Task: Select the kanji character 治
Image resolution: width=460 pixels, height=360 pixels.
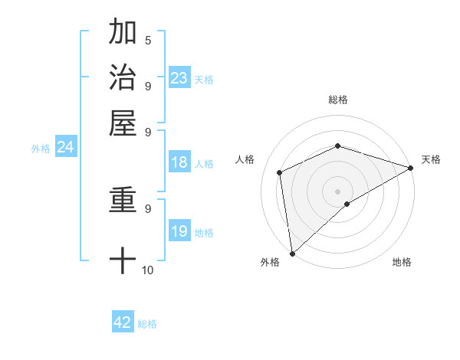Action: [x=123, y=77]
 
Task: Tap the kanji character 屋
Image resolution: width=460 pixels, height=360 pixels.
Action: [x=123, y=122]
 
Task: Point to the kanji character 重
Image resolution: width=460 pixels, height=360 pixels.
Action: [x=123, y=201]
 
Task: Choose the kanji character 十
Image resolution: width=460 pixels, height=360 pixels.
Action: [x=123, y=260]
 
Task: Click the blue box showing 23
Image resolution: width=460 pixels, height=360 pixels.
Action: [x=179, y=78]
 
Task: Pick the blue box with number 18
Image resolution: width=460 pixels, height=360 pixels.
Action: [x=179, y=162]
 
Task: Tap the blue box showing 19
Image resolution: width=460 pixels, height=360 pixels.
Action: [x=179, y=231]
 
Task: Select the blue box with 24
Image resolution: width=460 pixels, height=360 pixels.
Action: [x=66, y=148]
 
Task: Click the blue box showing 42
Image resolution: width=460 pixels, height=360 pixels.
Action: [x=123, y=322]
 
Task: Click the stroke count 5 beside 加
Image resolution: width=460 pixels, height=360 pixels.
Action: [x=148, y=41]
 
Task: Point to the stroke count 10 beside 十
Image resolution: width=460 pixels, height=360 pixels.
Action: [x=148, y=270]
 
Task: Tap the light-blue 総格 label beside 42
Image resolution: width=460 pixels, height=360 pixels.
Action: [x=147, y=324]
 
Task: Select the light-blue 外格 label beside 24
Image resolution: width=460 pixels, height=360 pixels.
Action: [x=41, y=149]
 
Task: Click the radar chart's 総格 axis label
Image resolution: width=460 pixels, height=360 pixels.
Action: [x=338, y=100]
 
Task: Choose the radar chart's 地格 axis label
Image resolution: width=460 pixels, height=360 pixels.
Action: [x=402, y=262]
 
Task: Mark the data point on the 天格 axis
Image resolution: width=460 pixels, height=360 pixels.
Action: [x=410, y=168]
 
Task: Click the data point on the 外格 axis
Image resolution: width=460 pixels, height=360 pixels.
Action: [x=292, y=253]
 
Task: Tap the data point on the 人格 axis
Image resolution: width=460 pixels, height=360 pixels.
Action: [x=280, y=172]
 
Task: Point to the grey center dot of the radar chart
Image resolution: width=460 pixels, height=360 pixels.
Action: [x=338, y=191]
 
